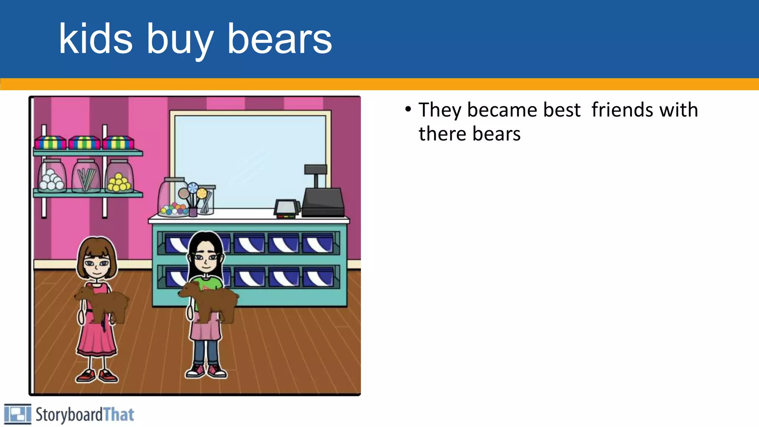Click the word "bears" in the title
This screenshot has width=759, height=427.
point(279,39)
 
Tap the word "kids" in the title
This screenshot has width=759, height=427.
point(96,39)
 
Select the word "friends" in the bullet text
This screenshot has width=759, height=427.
point(622,110)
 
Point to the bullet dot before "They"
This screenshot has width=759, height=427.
point(408,109)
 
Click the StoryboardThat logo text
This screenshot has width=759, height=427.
point(84,414)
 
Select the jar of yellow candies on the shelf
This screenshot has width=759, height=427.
point(119,177)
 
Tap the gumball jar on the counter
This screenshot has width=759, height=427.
point(173,198)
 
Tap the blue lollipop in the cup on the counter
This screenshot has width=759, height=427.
point(193,188)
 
